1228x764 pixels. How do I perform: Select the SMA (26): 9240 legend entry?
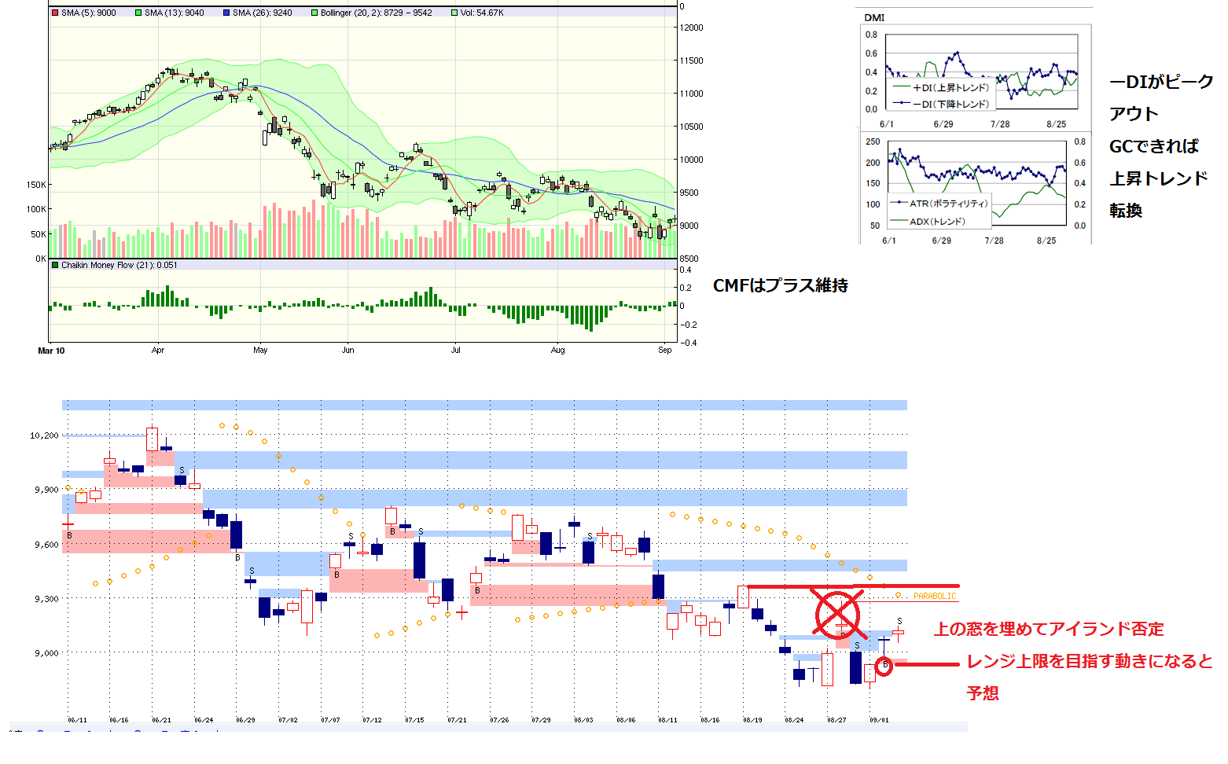262,13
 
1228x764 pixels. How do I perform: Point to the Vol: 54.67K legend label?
481,13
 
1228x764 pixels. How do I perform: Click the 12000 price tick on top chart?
692,28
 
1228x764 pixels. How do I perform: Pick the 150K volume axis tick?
36,185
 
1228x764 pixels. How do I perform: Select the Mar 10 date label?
51,351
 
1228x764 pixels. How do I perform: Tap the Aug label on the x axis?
557,351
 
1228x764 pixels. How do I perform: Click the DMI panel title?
874,17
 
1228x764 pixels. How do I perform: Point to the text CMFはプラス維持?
780,285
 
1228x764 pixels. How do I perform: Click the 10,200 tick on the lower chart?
44,435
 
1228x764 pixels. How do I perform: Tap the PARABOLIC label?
935,597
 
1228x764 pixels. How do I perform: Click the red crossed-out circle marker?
837,615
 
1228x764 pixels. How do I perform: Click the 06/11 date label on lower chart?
77,720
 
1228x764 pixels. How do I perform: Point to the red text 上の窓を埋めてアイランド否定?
1048,629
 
